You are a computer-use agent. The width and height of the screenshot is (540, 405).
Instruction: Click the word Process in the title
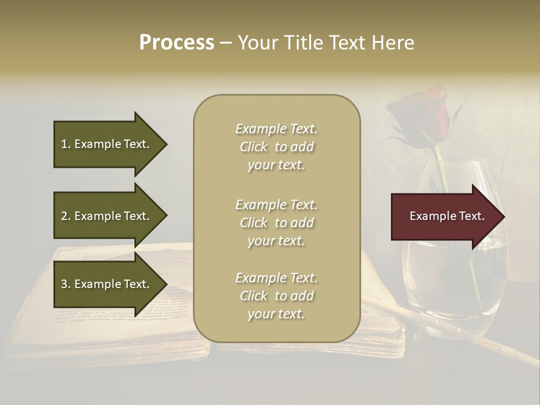pyautogui.click(x=177, y=43)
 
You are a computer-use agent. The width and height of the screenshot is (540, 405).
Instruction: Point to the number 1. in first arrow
pyautogui.click(x=66, y=144)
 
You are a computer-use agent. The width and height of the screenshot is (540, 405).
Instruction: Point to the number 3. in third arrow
pyautogui.click(x=66, y=284)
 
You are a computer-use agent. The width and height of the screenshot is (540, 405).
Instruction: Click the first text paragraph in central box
pyautogui.click(x=277, y=147)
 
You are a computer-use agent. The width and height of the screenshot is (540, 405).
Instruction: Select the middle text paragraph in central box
pyautogui.click(x=277, y=223)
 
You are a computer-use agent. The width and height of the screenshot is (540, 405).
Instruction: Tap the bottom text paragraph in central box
pyautogui.click(x=277, y=296)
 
